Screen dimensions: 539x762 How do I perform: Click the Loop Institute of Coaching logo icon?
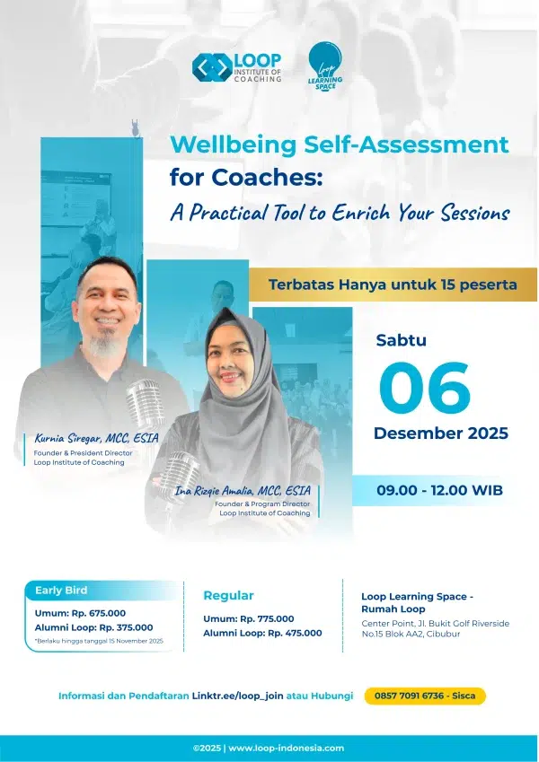tap(212, 67)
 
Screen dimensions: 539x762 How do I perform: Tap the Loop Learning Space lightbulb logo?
tap(325, 66)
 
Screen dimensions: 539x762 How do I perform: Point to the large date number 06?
tap(425, 388)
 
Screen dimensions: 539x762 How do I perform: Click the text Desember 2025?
tap(441, 433)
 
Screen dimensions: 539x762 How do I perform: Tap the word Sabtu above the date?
tap(401, 340)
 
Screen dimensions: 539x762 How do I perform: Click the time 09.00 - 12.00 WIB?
tap(439, 490)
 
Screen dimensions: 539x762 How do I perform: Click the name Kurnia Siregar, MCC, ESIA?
tap(96, 438)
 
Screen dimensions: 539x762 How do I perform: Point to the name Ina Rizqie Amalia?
tap(215, 490)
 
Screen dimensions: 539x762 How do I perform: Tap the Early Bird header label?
tap(61, 591)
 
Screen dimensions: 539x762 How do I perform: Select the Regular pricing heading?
tap(229, 596)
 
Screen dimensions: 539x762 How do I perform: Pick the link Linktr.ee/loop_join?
tap(237, 696)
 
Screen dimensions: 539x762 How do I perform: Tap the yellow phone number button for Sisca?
tap(425, 696)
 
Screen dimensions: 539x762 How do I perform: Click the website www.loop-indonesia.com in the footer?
tap(286, 749)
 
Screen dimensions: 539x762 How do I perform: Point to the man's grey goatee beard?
tap(103, 344)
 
